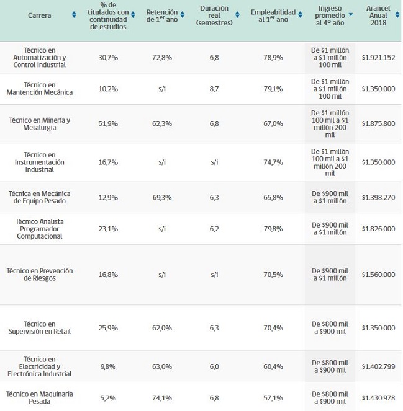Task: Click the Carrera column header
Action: [x=40, y=15]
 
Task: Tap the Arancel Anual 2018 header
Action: [x=377, y=15]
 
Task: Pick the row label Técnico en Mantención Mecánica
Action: [x=40, y=89]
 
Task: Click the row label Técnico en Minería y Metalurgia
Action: [x=40, y=123]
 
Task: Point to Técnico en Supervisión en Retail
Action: [x=40, y=328]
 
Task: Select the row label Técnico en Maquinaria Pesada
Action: [x=40, y=398]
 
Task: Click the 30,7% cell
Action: [x=108, y=57]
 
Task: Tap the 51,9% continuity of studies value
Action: [x=108, y=123]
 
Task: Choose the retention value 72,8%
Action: [x=161, y=57]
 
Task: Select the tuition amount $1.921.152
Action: [x=378, y=57]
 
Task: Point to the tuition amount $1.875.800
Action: [x=378, y=123]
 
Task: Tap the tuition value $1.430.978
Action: [x=378, y=398]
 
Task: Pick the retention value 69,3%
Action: [x=161, y=197]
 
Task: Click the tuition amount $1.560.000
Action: [x=378, y=275]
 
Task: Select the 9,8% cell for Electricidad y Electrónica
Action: [x=108, y=366]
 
